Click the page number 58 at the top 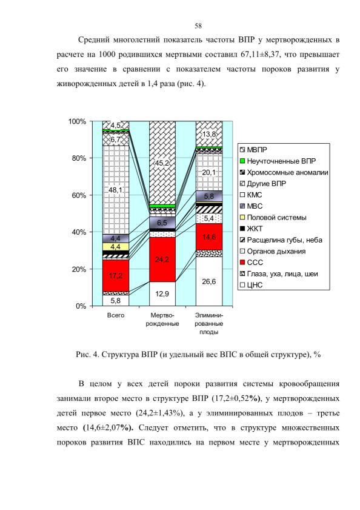pyautogui.click(x=198, y=26)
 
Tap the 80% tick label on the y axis pyautogui.click(x=78, y=158)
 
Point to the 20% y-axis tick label pyautogui.click(x=78, y=269)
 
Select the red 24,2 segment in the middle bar pyautogui.click(x=162, y=260)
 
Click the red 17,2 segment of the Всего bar pyautogui.click(x=116, y=275)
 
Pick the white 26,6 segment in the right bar pyautogui.click(x=209, y=281)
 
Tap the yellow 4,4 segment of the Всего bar pyautogui.click(x=116, y=247)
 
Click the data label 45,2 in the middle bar pyautogui.click(x=162, y=163)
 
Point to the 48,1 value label pyautogui.click(x=115, y=190)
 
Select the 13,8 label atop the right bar pyautogui.click(x=208, y=135)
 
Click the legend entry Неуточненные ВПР pyautogui.click(x=278, y=161)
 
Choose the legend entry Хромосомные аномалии pyautogui.click(x=284, y=173)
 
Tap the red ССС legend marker pyautogui.click(x=242, y=263)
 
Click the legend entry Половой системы pyautogui.click(x=273, y=218)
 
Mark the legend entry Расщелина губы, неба pyautogui.click(x=281, y=240)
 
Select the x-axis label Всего pyautogui.click(x=116, y=315)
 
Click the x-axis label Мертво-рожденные pyautogui.click(x=162, y=320)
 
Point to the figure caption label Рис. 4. pyautogui.click(x=87, y=355)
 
